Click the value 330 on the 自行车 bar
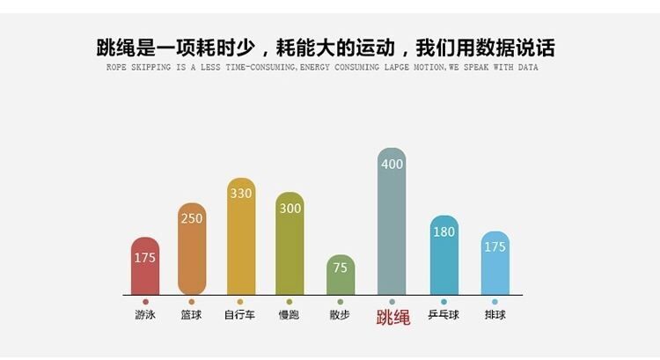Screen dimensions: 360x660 [241, 193]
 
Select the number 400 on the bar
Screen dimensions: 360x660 [392, 164]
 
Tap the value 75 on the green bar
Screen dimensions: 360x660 [341, 268]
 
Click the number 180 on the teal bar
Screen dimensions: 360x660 [444, 231]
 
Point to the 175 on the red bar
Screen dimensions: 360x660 [145, 258]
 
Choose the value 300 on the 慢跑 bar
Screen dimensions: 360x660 [290, 209]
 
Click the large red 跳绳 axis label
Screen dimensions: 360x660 [392, 317]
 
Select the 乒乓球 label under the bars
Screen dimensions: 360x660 [444, 315]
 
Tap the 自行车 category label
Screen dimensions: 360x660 [240, 315]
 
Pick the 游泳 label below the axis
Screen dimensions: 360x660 [145, 315]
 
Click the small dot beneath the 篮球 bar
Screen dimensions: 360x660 [192, 302]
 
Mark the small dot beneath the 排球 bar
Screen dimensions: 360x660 [495, 302]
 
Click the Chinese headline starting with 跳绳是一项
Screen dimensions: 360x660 [326, 47]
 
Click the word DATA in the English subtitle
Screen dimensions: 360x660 [527, 68]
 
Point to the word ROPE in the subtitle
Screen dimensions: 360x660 [114, 68]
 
